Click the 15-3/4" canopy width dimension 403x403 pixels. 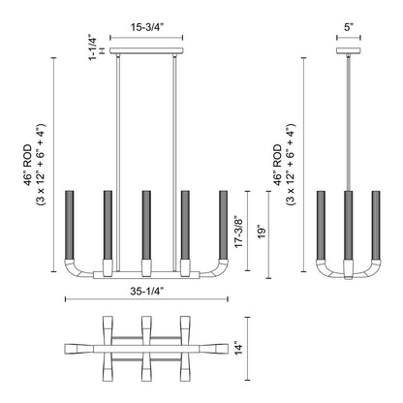145,29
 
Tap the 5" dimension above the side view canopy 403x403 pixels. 347,29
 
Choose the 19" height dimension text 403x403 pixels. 260,233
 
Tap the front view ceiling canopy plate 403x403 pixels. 145,49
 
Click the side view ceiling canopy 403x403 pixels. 347,49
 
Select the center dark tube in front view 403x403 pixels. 144,222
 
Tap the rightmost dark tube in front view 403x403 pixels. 222,222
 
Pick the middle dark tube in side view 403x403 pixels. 347,222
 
